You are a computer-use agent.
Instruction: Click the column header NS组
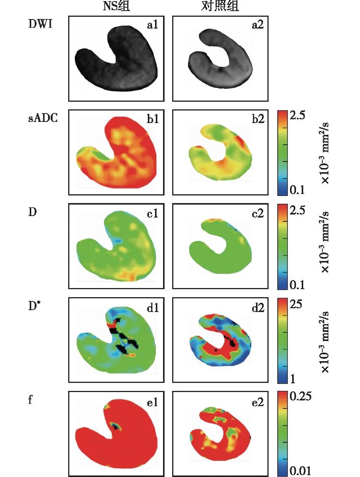[117, 6]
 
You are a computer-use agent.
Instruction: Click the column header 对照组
[220, 6]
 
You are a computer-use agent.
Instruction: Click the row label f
[30, 400]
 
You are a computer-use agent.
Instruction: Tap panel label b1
[153, 119]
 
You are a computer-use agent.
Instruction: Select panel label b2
[257, 119]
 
